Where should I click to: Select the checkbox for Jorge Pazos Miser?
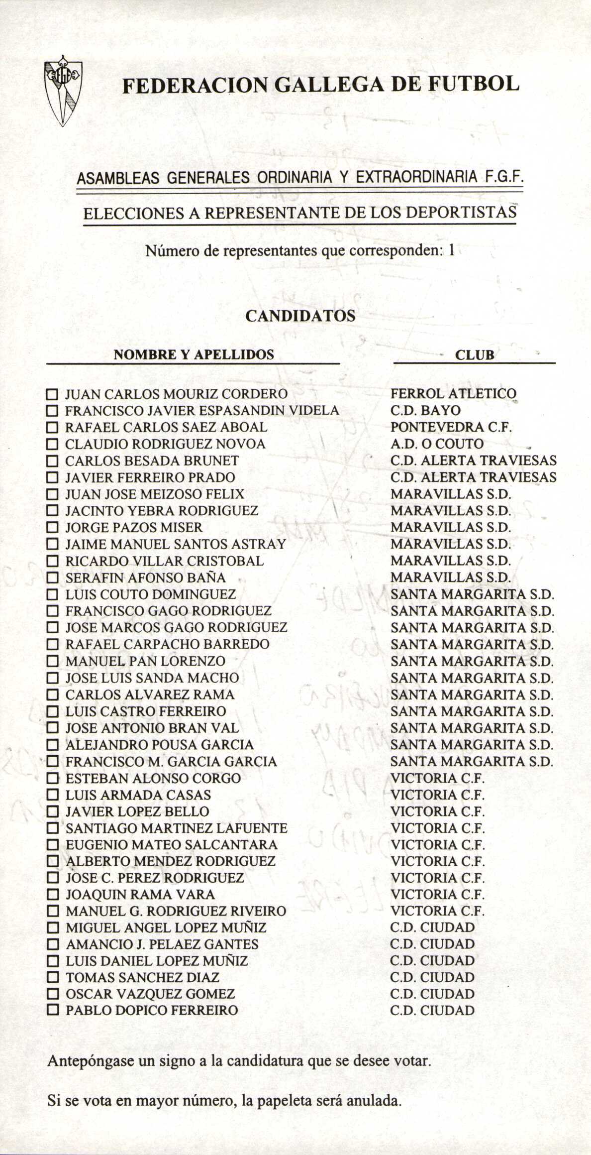click(52, 528)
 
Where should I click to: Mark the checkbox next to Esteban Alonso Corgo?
click(52, 779)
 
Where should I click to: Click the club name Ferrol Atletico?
click(453, 394)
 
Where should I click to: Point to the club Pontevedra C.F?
click(451, 427)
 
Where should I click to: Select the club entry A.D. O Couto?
click(437, 444)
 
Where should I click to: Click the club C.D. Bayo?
click(425, 411)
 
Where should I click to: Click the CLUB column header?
click(475, 355)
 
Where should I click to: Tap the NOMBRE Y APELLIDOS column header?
click(194, 355)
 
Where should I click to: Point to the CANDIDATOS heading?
click(300, 316)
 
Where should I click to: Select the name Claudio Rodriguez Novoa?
click(165, 444)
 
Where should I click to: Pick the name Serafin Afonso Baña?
click(145, 578)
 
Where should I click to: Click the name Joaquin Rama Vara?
click(140, 895)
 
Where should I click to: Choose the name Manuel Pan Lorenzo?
click(145, 662)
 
